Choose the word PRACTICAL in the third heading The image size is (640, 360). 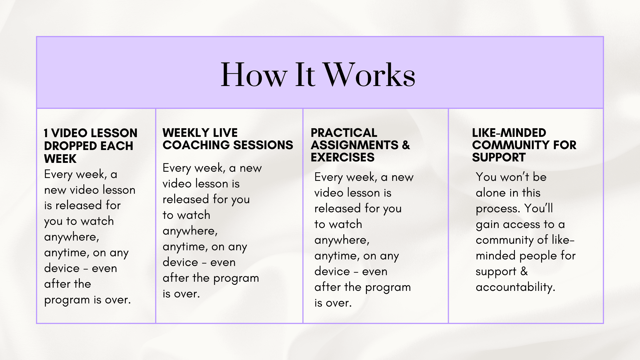344,133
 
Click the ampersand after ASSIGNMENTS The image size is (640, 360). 406,145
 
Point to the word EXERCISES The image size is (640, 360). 343,157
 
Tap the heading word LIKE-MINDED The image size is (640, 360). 509,133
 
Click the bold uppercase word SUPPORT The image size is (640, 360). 499,157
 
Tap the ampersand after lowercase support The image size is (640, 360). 524,271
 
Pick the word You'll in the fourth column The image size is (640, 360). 539,208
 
